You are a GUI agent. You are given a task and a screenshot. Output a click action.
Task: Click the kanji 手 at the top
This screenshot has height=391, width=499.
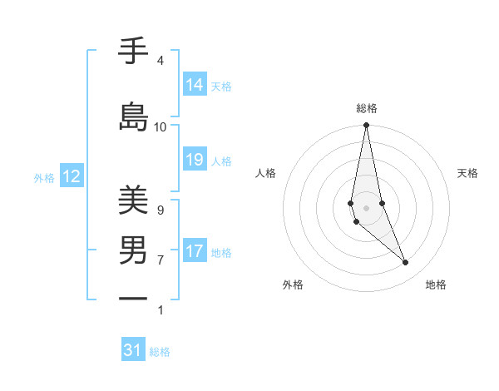coord(133,52)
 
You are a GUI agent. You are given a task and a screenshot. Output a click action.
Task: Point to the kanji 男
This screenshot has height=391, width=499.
coord(133,250)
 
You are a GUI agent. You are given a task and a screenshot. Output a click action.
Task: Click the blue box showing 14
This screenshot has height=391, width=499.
coord(195,85)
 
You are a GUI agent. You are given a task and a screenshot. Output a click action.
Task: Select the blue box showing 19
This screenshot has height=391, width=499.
coord(195,161)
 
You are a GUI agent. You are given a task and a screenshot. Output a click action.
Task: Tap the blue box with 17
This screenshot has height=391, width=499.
coord(195,251)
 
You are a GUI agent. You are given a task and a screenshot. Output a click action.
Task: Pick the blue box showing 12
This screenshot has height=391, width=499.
coord(71,176)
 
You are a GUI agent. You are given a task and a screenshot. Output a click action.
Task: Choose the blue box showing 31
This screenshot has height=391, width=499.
coord(133,350)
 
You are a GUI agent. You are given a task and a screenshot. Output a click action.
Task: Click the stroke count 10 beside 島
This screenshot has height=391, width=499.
coord(161,126)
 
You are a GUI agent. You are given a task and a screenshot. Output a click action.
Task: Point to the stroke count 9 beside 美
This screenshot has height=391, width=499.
coord(161,210)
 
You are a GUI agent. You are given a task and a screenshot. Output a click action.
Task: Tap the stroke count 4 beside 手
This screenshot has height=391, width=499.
coord(161,61)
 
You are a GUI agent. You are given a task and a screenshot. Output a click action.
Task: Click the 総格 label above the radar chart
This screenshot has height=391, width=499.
coord(366,108)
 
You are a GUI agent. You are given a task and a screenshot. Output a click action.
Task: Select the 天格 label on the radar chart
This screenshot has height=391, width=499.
coord(468,173)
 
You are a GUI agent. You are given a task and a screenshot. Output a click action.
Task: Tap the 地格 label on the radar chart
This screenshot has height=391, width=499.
coord(436,285)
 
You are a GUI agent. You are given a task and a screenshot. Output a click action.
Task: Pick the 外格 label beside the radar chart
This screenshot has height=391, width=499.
coord(293,285)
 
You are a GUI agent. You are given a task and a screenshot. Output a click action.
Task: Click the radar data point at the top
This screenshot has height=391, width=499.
coord(366,126)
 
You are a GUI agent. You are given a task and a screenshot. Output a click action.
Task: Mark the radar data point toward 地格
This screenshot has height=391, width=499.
coord(406,263)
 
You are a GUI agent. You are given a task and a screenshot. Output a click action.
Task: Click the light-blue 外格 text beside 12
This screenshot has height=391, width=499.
coord(43,177)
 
